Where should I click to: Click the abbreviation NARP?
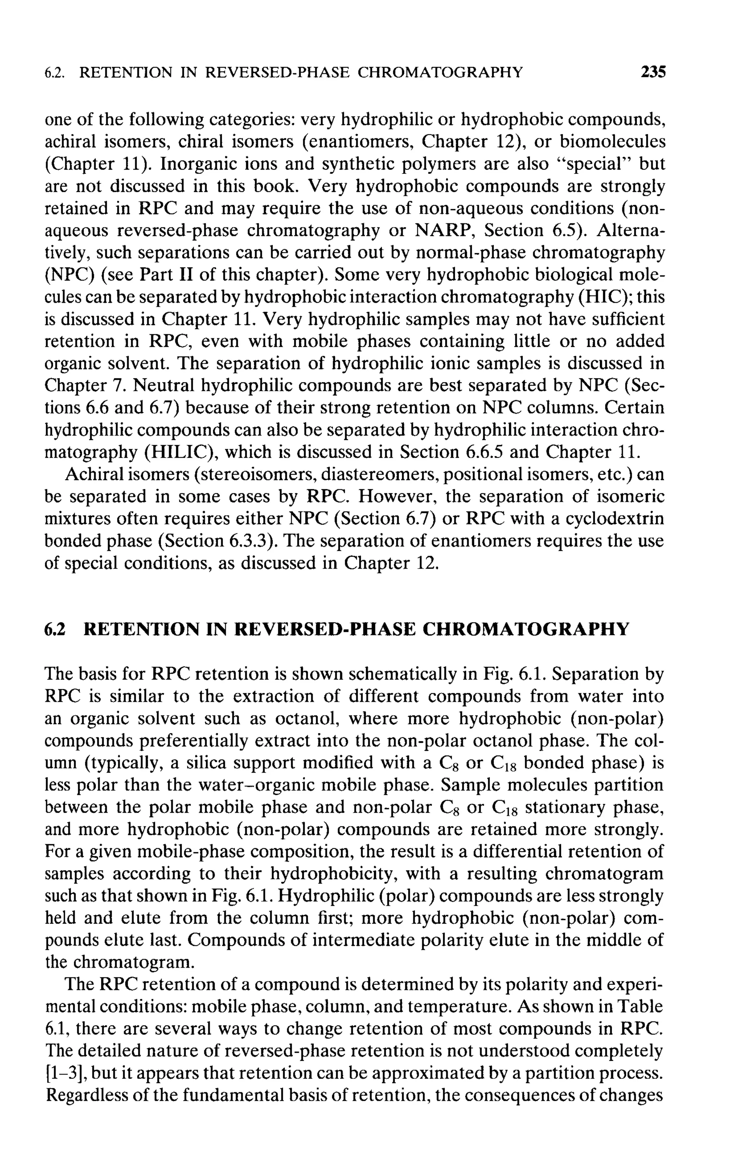[443, 230]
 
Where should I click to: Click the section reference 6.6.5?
[484, 452]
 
